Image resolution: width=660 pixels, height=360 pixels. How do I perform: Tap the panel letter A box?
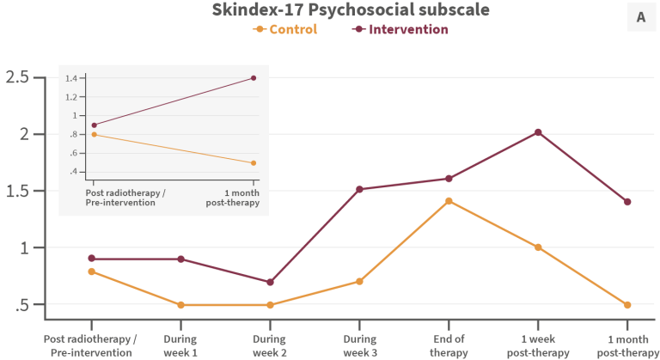point(640,16)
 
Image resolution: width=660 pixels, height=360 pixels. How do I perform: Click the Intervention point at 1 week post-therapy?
point(538,132)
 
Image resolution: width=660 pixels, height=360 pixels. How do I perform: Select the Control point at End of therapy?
point(448,201)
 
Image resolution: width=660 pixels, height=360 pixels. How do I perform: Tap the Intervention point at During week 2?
point(270,282)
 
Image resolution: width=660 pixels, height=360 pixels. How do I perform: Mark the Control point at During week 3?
point(359,281)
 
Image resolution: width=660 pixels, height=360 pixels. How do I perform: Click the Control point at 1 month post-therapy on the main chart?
point(627,304)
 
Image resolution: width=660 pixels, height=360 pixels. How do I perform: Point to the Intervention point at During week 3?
point(359,189)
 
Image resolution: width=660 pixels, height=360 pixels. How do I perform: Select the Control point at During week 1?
point(180,304)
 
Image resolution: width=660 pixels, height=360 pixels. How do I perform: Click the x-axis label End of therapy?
point(448,346)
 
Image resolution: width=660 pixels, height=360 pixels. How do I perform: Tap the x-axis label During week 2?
point(270,346)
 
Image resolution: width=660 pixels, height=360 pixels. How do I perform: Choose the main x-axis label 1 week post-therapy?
point(538,346)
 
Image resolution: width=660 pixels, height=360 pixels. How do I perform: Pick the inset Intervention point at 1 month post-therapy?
point(254,78)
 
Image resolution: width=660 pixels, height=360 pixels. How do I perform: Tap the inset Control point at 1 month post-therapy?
point(254,162)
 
